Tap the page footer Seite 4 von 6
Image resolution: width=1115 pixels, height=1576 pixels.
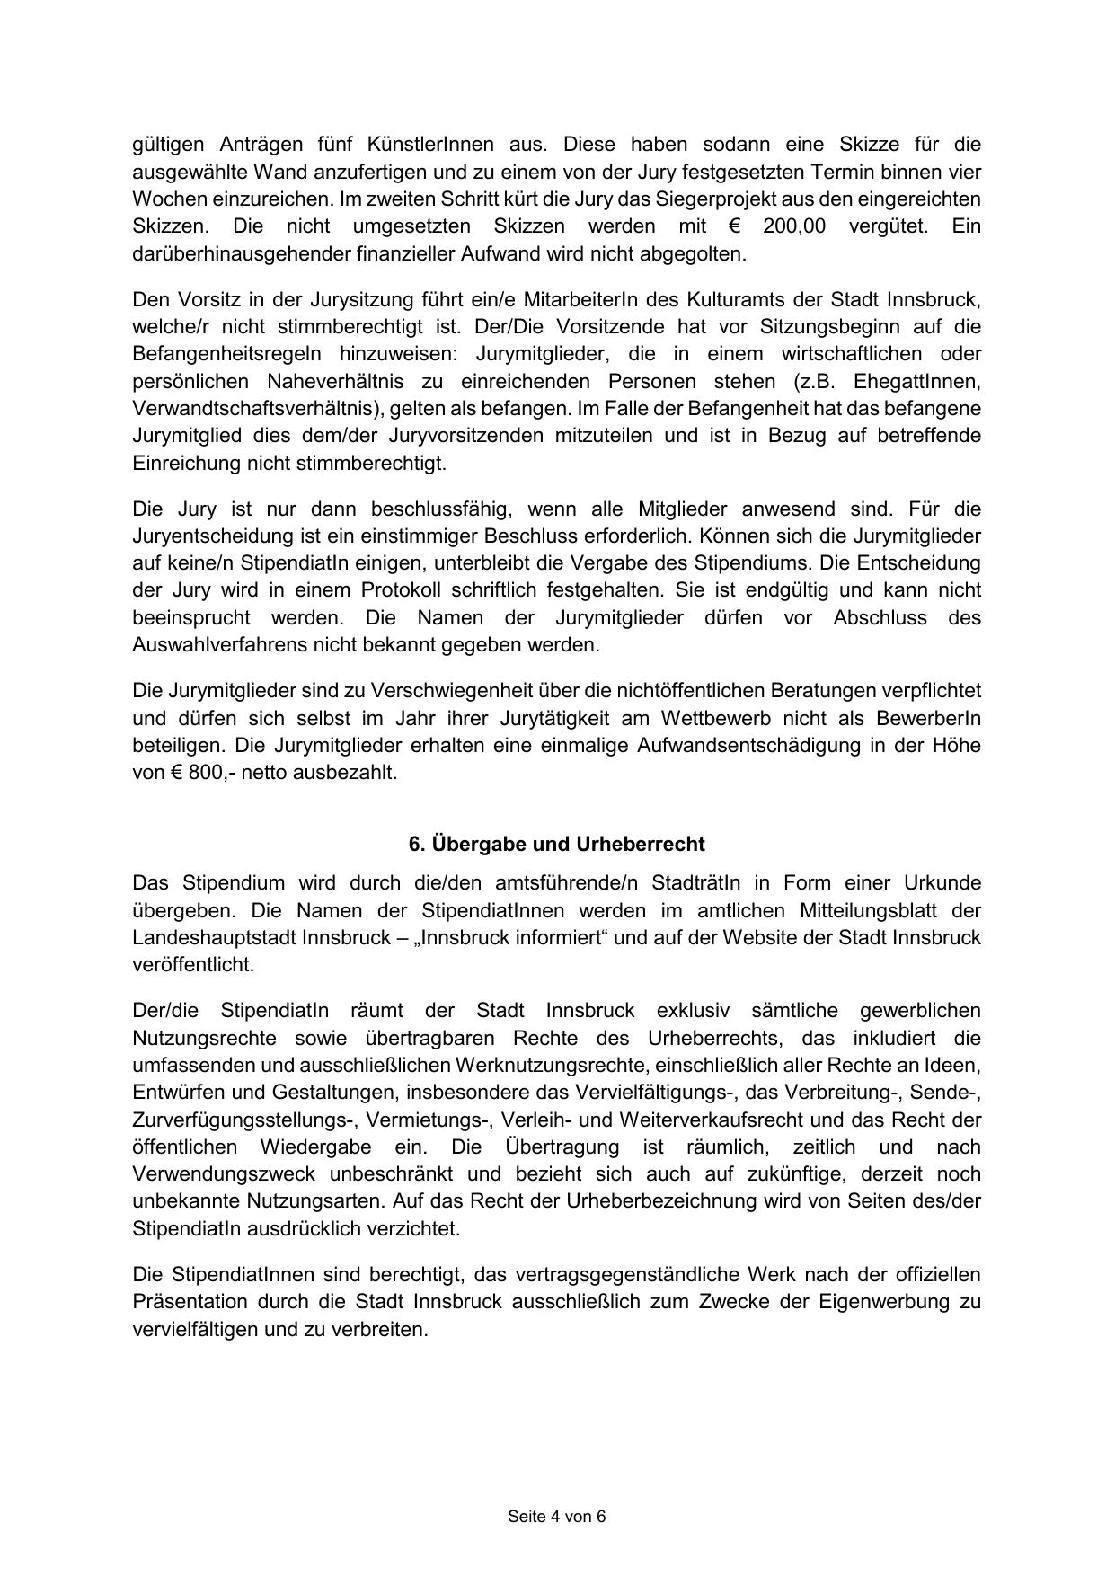coord(557,1517)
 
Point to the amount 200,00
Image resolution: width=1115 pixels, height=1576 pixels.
coord(792,226)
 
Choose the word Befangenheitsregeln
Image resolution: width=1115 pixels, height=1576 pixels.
coord(229,353)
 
